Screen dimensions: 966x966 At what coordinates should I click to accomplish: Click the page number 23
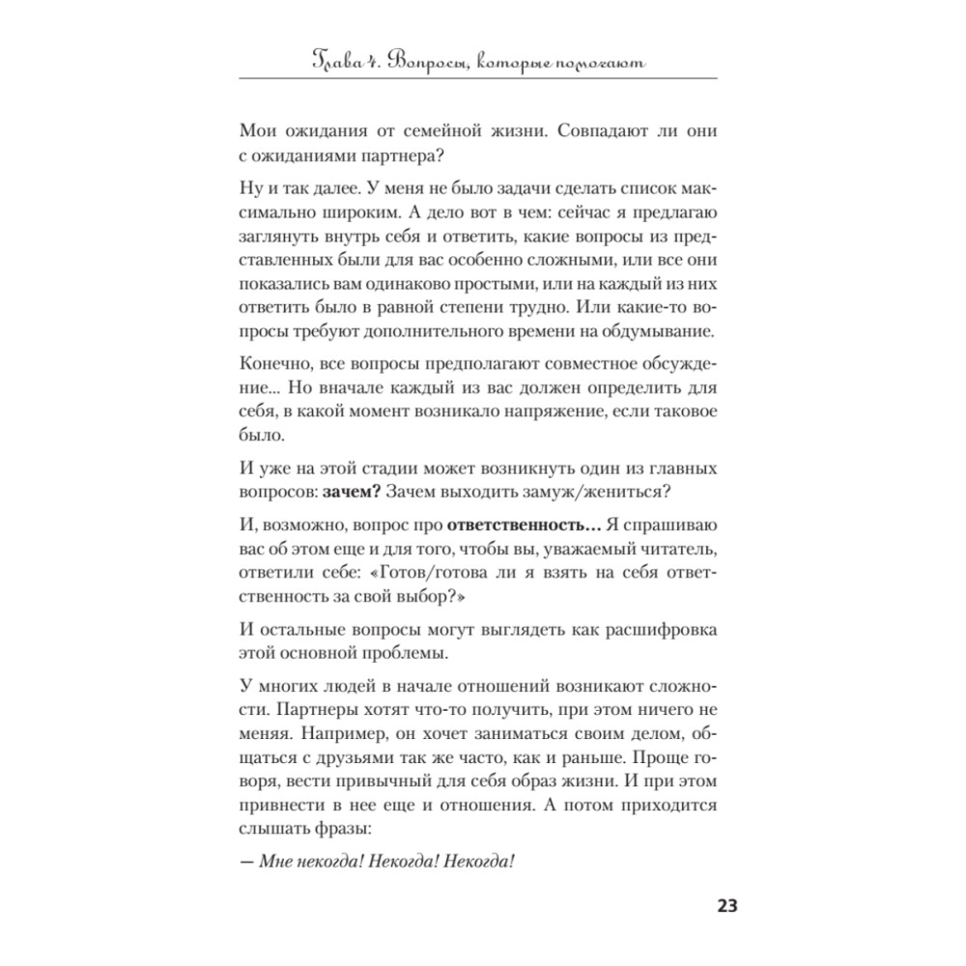point(725,905)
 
